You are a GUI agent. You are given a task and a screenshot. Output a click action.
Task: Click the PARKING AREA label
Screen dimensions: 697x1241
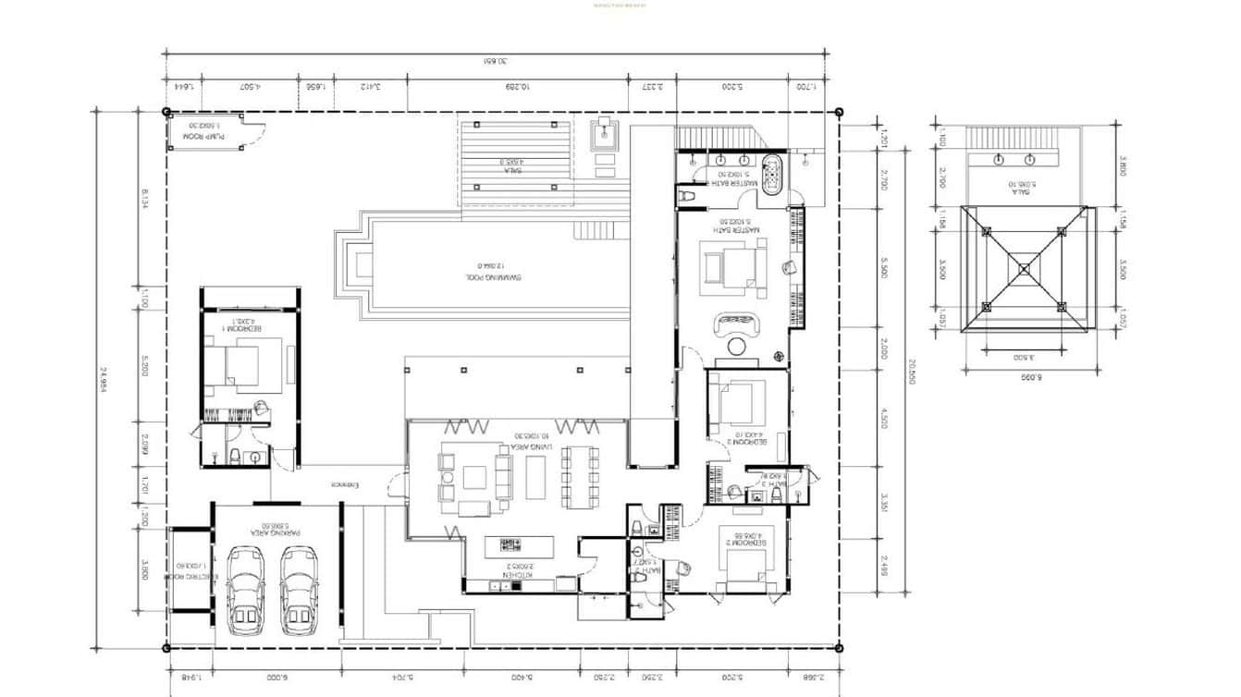[275, 527]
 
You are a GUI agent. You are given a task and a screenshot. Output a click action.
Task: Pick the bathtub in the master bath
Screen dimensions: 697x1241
[771, 173]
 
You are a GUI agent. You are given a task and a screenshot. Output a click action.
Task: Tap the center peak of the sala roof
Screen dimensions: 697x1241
[1024, 269]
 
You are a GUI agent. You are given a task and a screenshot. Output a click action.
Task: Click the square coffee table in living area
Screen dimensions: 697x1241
[474, 477]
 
